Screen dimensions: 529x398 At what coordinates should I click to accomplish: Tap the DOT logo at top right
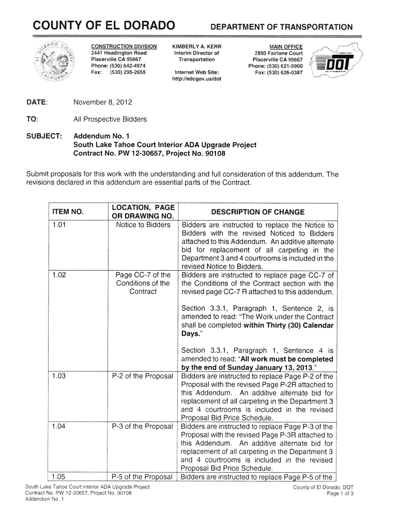340,65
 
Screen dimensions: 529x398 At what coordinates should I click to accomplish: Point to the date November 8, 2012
102,103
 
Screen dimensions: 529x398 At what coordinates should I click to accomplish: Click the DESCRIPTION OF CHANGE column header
258,212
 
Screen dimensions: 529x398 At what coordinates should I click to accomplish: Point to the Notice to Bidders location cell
143,225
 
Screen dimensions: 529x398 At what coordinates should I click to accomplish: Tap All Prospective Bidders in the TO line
110,120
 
